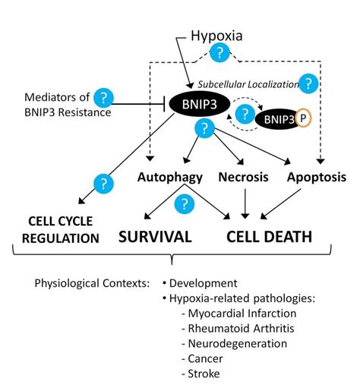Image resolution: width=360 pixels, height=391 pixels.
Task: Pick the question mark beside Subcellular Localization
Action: point(308,84)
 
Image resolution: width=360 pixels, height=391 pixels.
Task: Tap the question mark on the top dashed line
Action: point(219,52)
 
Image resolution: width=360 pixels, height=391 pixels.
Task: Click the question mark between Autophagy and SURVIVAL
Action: point(182,203)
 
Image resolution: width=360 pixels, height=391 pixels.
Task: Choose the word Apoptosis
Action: point(318,178)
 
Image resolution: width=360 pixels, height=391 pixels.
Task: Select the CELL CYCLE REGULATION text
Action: point(60,230)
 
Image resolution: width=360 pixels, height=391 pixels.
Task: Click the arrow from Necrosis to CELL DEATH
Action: point(245,203)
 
